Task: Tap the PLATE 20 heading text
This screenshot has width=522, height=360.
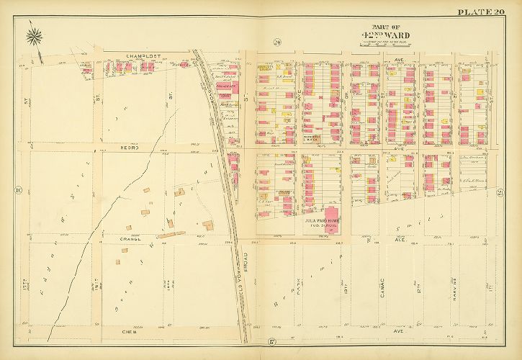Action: click(480, 11)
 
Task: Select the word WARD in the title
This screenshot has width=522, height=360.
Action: click(390, 35)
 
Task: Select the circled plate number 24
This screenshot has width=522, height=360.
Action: click(277, 43)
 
